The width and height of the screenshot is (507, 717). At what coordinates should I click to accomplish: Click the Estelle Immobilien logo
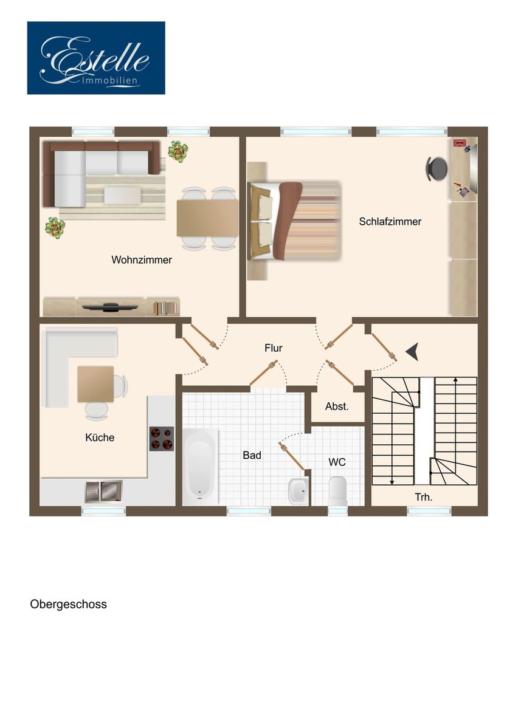pos(96,58)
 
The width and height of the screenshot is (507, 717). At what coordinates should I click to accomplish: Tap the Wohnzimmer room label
pos(142,260)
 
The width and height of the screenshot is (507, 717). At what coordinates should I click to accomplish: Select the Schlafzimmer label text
pos(390,222)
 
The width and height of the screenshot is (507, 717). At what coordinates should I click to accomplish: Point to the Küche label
pos(100,437)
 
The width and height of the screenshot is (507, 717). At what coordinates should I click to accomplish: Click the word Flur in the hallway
pos(274,349)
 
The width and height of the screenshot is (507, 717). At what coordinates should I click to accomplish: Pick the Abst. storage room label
pos(337,407)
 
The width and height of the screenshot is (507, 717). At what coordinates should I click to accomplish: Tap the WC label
pos(337,462)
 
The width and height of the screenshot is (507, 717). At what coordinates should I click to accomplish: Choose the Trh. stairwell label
pos(424,497)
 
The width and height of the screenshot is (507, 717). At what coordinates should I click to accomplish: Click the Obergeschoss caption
pos(68,605)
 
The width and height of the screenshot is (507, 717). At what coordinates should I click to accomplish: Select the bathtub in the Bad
pos(200,466)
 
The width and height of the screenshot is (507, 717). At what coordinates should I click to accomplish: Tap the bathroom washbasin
pos(298,490)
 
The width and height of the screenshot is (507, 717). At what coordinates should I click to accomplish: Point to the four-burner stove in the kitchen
pos(162,439)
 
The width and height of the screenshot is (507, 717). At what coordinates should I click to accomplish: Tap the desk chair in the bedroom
pos(436,168)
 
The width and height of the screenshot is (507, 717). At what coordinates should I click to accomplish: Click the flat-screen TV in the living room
pos(109,307)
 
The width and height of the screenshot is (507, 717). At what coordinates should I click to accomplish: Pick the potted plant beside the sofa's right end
pos(178,151)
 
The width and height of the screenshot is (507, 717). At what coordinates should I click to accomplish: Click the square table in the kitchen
pos(95,384)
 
